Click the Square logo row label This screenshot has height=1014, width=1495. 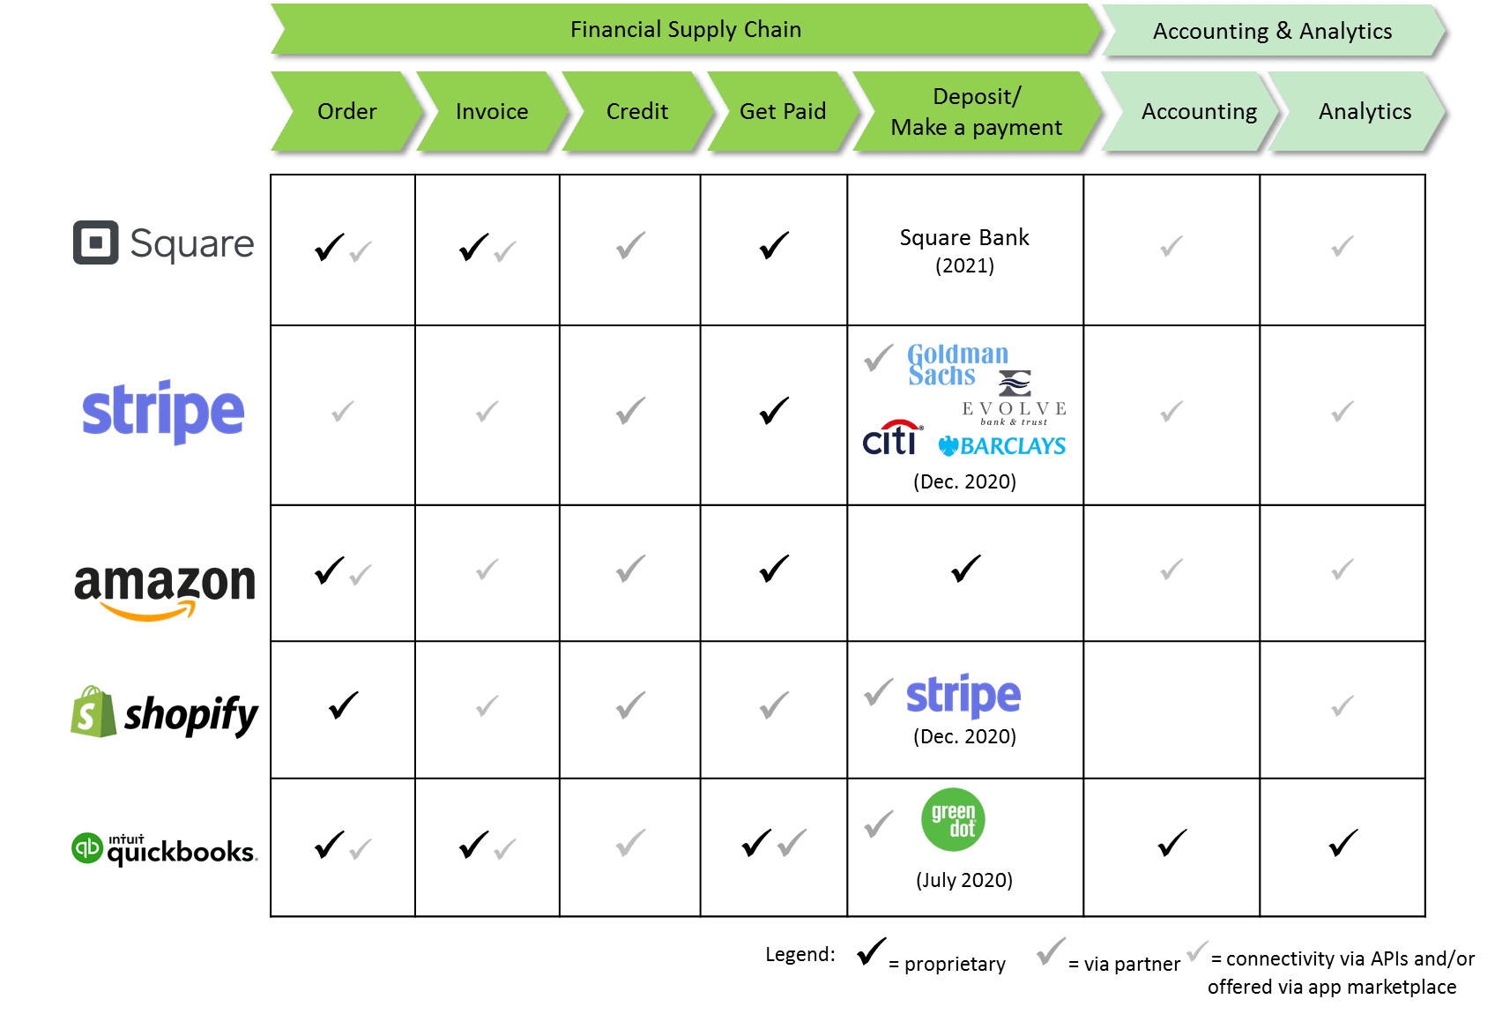pos(164,243)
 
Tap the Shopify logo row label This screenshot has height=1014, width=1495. pos(165,712)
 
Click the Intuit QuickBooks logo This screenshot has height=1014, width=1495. pos(165,850)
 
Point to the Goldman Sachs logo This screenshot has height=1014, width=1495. pos(957,364)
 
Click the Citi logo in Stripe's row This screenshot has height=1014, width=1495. pos(892,437)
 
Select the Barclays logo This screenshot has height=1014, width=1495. pos(1002,446)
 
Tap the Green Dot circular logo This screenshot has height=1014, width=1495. pos(953,819)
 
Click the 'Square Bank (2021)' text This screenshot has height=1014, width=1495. pos(964,250)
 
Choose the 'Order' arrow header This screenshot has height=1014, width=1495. pos(346,112)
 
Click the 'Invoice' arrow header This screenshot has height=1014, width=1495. pos(492,112)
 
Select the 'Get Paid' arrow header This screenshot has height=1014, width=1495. pos(782,112)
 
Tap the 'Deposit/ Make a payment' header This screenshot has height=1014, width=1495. pos(976,112)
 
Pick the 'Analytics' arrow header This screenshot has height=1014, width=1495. pos(1364,112)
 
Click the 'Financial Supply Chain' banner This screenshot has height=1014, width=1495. pos(685,30)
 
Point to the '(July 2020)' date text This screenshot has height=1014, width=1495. pos(964,880)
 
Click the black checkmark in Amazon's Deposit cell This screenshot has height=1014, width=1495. pos(966,569)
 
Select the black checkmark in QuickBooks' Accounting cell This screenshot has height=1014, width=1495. pos(1172,843)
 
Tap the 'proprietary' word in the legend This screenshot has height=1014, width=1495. pos(955,965)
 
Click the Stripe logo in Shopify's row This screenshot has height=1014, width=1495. pos(963,696)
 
